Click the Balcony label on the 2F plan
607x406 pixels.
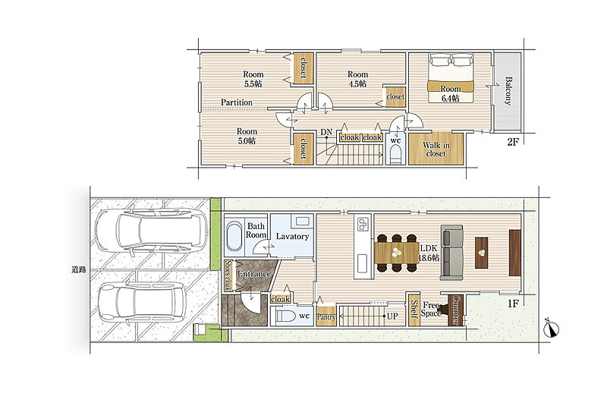click(x=508, y=91)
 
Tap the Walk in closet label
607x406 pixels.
click(x=436, y=149)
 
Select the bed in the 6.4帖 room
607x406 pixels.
click(x=451, y=78)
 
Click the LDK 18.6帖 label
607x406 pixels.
click(x=429, y=253)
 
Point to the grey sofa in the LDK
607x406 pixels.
click(x=451, y=253)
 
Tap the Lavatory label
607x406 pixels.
click(x=292, y=236)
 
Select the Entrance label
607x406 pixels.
click(x=253, y=274)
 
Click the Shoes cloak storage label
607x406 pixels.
click(x=228, y=275)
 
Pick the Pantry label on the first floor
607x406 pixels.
click(x=326, y=317)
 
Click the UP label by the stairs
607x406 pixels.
click(x=392, y=316)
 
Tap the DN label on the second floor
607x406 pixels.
click(x=326, y=132)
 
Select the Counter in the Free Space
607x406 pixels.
click(x=455, y=310)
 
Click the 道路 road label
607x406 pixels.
click(x=79, y=269)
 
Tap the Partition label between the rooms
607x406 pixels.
click(x=237, y=102)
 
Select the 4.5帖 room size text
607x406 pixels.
click(x=357, y=83)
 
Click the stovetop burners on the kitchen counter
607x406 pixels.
click(x=363, y=223)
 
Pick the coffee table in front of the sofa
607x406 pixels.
click(x=482, y=253)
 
